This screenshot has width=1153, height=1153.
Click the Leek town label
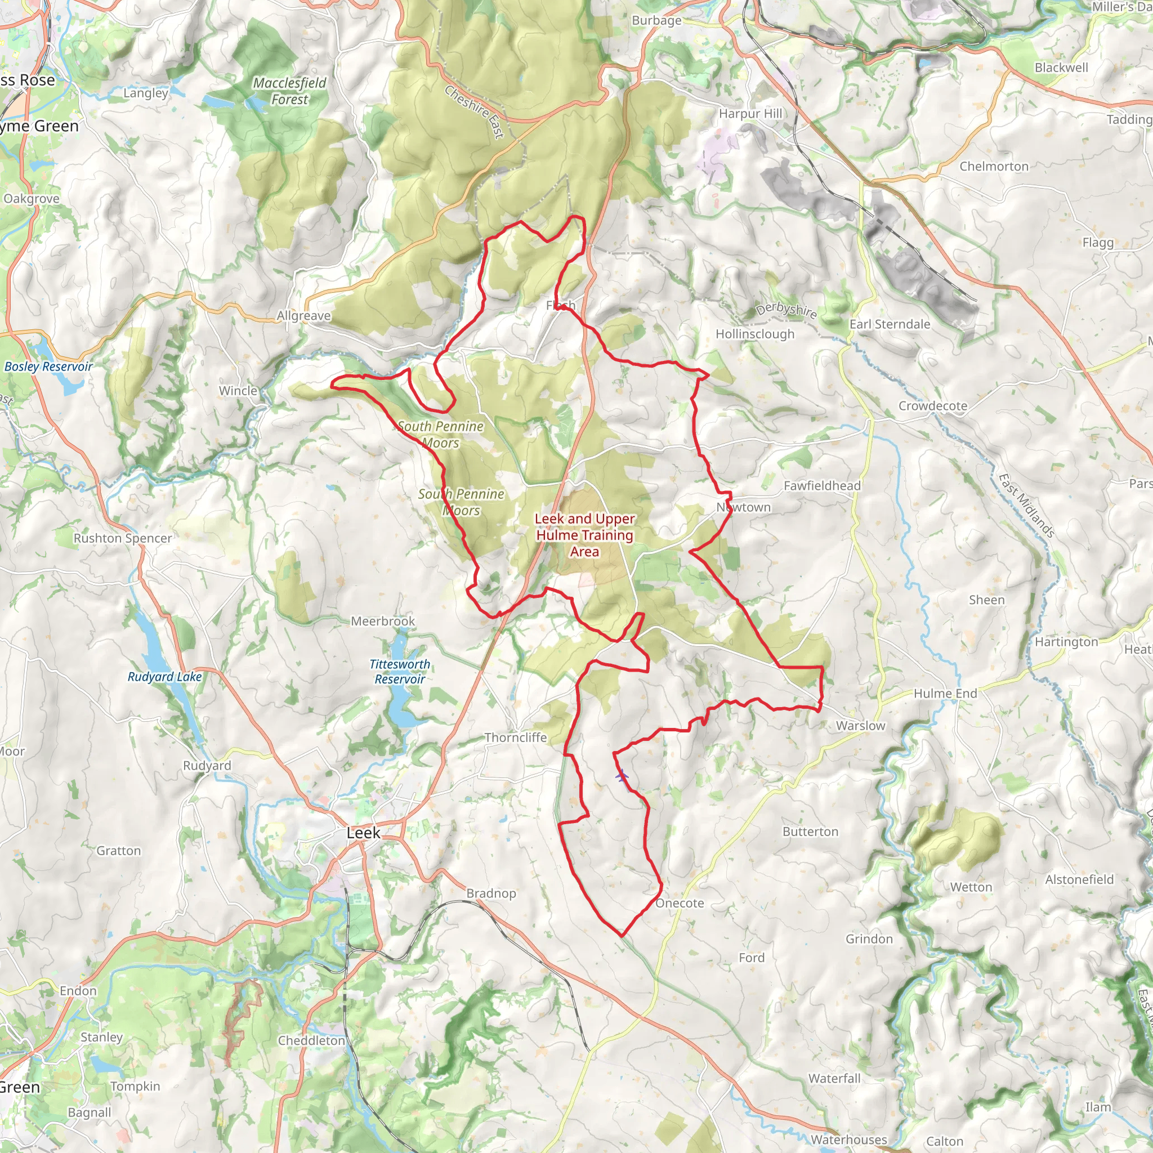(x=363, y=833)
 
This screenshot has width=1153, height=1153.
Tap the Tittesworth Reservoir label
(x=399, y=672)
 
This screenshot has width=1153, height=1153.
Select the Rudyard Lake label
(x=165, y=677)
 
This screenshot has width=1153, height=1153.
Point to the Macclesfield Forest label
(x=289, y=91)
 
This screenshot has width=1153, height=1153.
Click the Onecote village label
(x=680, y=903)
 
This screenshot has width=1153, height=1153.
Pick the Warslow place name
(x=860, y=726)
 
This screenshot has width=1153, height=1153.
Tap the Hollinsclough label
(x=755, y=334)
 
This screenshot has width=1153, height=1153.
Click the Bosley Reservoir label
(x=48, y=367)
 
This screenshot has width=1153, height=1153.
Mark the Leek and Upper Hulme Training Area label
(x=584, y=535)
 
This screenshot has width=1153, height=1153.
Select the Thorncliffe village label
(x=515, y=737)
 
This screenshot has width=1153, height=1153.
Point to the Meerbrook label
(x=382, y=622)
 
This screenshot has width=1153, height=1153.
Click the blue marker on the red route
(x=622, y=776)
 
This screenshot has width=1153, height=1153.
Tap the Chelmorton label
(x=994, y=167)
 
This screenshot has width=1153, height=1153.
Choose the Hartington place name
(x=1066, y=642)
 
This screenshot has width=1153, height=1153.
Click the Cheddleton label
(x=311, y=1040)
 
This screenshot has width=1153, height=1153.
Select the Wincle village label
(x=238, y=390)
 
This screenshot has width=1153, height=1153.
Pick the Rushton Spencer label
(x=122, y=538)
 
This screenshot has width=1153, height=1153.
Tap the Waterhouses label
(x=848, y=1139)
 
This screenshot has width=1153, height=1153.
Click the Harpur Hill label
(x=749, y=113)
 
